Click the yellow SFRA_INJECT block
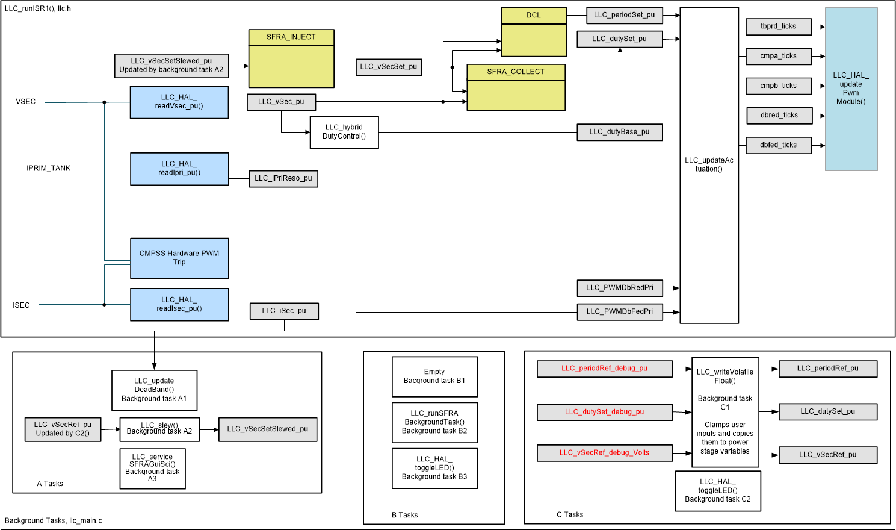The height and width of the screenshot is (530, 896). click(x=291, y=58)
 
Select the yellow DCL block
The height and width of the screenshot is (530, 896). click(x=534, y=32)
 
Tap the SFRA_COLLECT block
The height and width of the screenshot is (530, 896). click(x=516, y=87)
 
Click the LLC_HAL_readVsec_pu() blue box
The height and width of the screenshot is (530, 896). click(x=179, y=102)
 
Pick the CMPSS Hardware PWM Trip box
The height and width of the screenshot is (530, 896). click(x=179, y=258)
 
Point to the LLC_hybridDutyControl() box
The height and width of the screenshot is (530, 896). click(x=344, y=132)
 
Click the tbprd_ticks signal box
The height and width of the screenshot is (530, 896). click(x=778, y=26)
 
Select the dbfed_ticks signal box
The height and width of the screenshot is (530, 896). click(x=778, y=145)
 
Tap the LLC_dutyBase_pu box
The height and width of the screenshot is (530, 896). click(x=619, y=132)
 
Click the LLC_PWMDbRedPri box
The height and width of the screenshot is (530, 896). click(x=619, y=288)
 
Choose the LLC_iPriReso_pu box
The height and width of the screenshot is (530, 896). click(x=283, y=179)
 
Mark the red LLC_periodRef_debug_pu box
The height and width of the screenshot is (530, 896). click(x=604, y=369)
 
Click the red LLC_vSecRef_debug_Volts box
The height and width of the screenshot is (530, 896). click(x=604, y=453)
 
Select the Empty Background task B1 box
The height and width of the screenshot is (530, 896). click(x=434, y=376)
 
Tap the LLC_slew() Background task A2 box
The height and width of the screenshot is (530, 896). click(x=159, y=429)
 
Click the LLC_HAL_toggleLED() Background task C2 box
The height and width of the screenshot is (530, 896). click(x=718, y=491)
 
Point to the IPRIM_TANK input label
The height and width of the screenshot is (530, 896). click(x=49, y=169)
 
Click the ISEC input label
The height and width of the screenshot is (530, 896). click(x=21, y=305)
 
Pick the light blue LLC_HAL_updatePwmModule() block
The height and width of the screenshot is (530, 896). click(x=851, y=89)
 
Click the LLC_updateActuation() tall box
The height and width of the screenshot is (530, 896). click(x=709, y=165)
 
